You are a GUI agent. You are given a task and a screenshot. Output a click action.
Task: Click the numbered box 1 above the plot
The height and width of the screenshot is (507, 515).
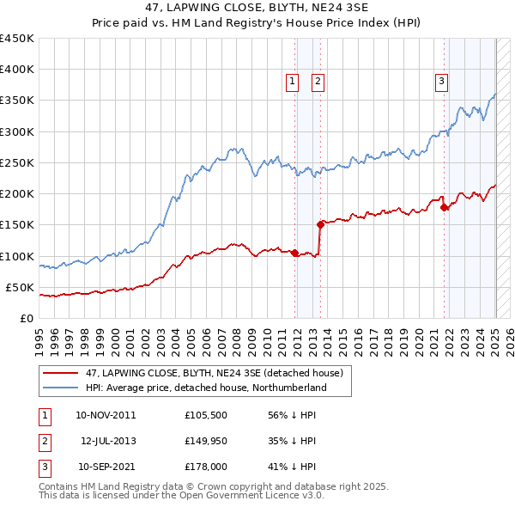[292, 82]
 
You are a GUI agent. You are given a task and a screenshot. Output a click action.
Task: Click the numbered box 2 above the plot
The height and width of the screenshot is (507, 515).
[318, 82]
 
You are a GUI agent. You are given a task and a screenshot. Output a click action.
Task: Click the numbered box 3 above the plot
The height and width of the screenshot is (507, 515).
[441, 82]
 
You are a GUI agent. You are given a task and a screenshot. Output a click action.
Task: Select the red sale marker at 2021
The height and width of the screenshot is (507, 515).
[444, 207]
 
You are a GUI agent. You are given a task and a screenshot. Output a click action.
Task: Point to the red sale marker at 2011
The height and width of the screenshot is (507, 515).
[294, 253]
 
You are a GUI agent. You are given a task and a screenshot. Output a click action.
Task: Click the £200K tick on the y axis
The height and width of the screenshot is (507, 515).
[17, 193]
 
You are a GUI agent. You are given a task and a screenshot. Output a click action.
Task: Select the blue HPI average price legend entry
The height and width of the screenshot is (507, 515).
[206, 388]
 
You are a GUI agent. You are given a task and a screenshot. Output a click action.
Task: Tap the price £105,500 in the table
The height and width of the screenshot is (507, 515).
[206, 414]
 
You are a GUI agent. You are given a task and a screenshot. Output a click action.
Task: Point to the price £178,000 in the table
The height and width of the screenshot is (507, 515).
[206, 468]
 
